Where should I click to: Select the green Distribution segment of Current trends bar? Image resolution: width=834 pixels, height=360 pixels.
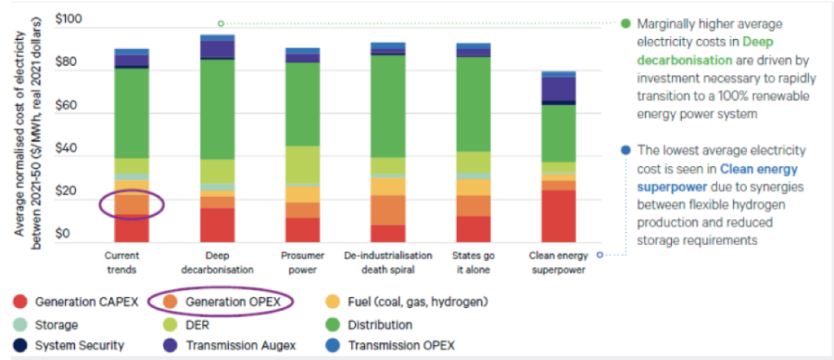point(131,113)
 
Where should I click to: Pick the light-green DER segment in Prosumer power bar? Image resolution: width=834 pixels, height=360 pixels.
point(302,165)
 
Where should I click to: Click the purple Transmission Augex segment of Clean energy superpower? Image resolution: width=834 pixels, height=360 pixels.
point(559,89)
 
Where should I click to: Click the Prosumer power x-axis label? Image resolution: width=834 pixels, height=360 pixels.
point(302,261)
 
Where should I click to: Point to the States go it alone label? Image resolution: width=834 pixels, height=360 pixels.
point(473,261)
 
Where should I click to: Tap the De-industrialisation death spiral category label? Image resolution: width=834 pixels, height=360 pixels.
point(388,261)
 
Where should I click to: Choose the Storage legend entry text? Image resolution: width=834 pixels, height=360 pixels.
point(56,324)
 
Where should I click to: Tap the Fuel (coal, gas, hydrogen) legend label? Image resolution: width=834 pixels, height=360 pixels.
point(418,302)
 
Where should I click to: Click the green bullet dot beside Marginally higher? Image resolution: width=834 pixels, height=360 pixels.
point(625,24)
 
